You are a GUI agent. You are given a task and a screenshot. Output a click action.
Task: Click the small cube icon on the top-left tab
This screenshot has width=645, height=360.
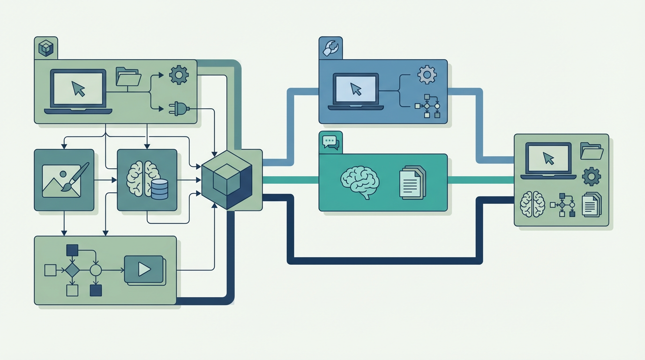46,48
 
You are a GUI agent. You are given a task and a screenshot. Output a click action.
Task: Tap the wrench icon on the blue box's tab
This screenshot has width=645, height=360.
330,48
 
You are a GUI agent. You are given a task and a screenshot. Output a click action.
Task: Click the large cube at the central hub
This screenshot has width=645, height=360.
227,180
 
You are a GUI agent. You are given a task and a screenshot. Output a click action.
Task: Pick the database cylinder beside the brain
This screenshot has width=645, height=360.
159,189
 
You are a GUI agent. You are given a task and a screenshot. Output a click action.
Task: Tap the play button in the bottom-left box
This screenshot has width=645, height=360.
144,269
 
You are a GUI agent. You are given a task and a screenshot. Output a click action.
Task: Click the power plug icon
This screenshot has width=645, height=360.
179,109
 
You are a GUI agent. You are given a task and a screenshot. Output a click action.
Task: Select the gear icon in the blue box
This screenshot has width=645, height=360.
427,75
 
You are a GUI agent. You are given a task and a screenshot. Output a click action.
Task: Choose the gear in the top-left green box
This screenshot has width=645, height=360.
179,75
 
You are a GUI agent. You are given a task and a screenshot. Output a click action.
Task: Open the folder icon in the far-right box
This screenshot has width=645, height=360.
592,151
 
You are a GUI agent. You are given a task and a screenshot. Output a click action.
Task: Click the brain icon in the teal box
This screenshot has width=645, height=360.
360,182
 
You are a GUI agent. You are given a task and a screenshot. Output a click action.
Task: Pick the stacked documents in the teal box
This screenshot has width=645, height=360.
412,183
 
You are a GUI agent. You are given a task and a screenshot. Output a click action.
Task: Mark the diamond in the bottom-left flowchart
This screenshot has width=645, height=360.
72,270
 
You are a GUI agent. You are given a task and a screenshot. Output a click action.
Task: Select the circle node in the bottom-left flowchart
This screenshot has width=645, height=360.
96,270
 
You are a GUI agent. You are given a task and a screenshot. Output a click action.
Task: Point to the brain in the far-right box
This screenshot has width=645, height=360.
532,204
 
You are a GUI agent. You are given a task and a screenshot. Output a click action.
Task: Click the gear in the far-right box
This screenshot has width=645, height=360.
591,177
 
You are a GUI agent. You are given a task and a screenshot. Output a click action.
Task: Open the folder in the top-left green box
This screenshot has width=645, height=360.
128,77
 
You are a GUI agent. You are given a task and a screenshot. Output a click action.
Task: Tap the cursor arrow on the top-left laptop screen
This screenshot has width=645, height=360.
78,89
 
